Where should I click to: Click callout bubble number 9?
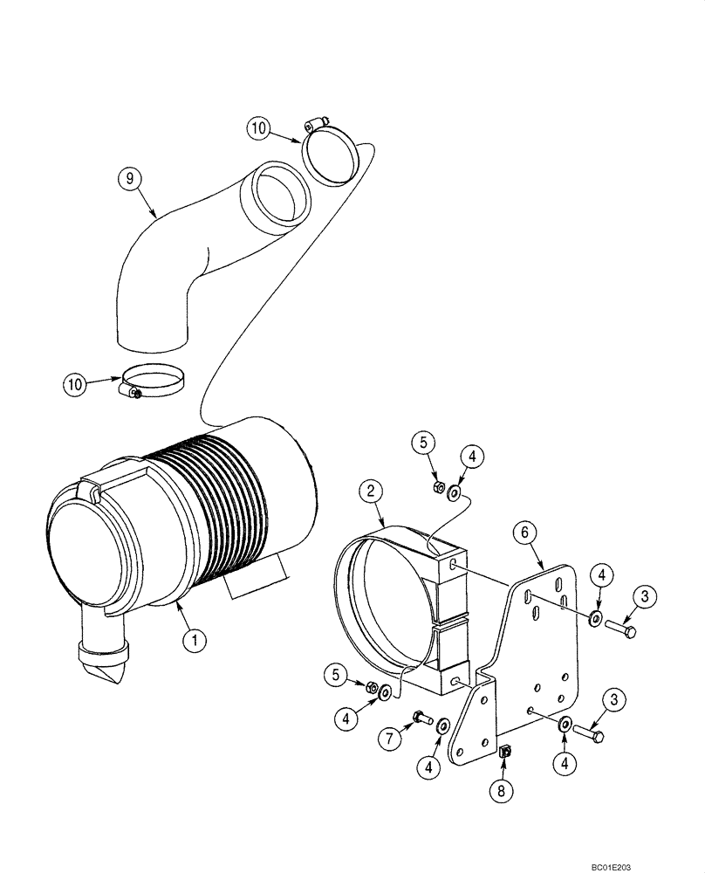129,179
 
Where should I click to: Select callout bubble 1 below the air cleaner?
195,640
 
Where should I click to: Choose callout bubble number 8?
501,791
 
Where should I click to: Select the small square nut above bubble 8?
504,751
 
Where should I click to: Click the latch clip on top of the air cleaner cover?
92,491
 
